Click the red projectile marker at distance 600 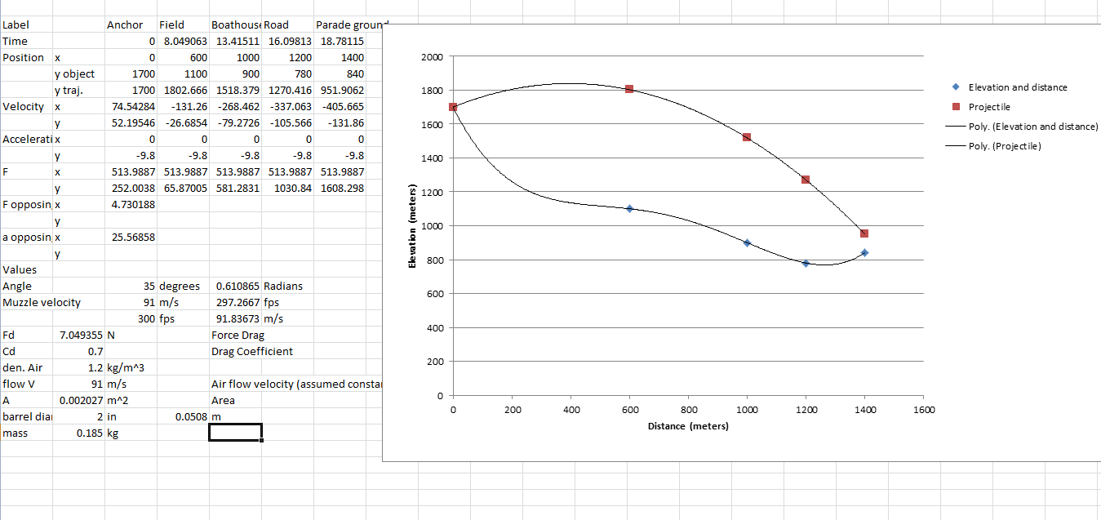tap(629, 88)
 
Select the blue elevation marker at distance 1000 tap(747, 243)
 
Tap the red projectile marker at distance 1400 tap(864, 233)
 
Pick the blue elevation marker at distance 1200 tap(806, 263)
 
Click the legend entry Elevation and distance tap(1017, 87)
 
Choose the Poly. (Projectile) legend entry tap(1005, 146)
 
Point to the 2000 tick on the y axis tap(433, 57)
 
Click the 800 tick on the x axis tap(688, 410)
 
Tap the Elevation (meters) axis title tap(413, 226)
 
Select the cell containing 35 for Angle tap(131, 287)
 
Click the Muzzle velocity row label tap(42, 303)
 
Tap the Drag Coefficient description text tap(251, 352)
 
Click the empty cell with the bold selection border tap(235, 433)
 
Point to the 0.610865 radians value tap(235, 287)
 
